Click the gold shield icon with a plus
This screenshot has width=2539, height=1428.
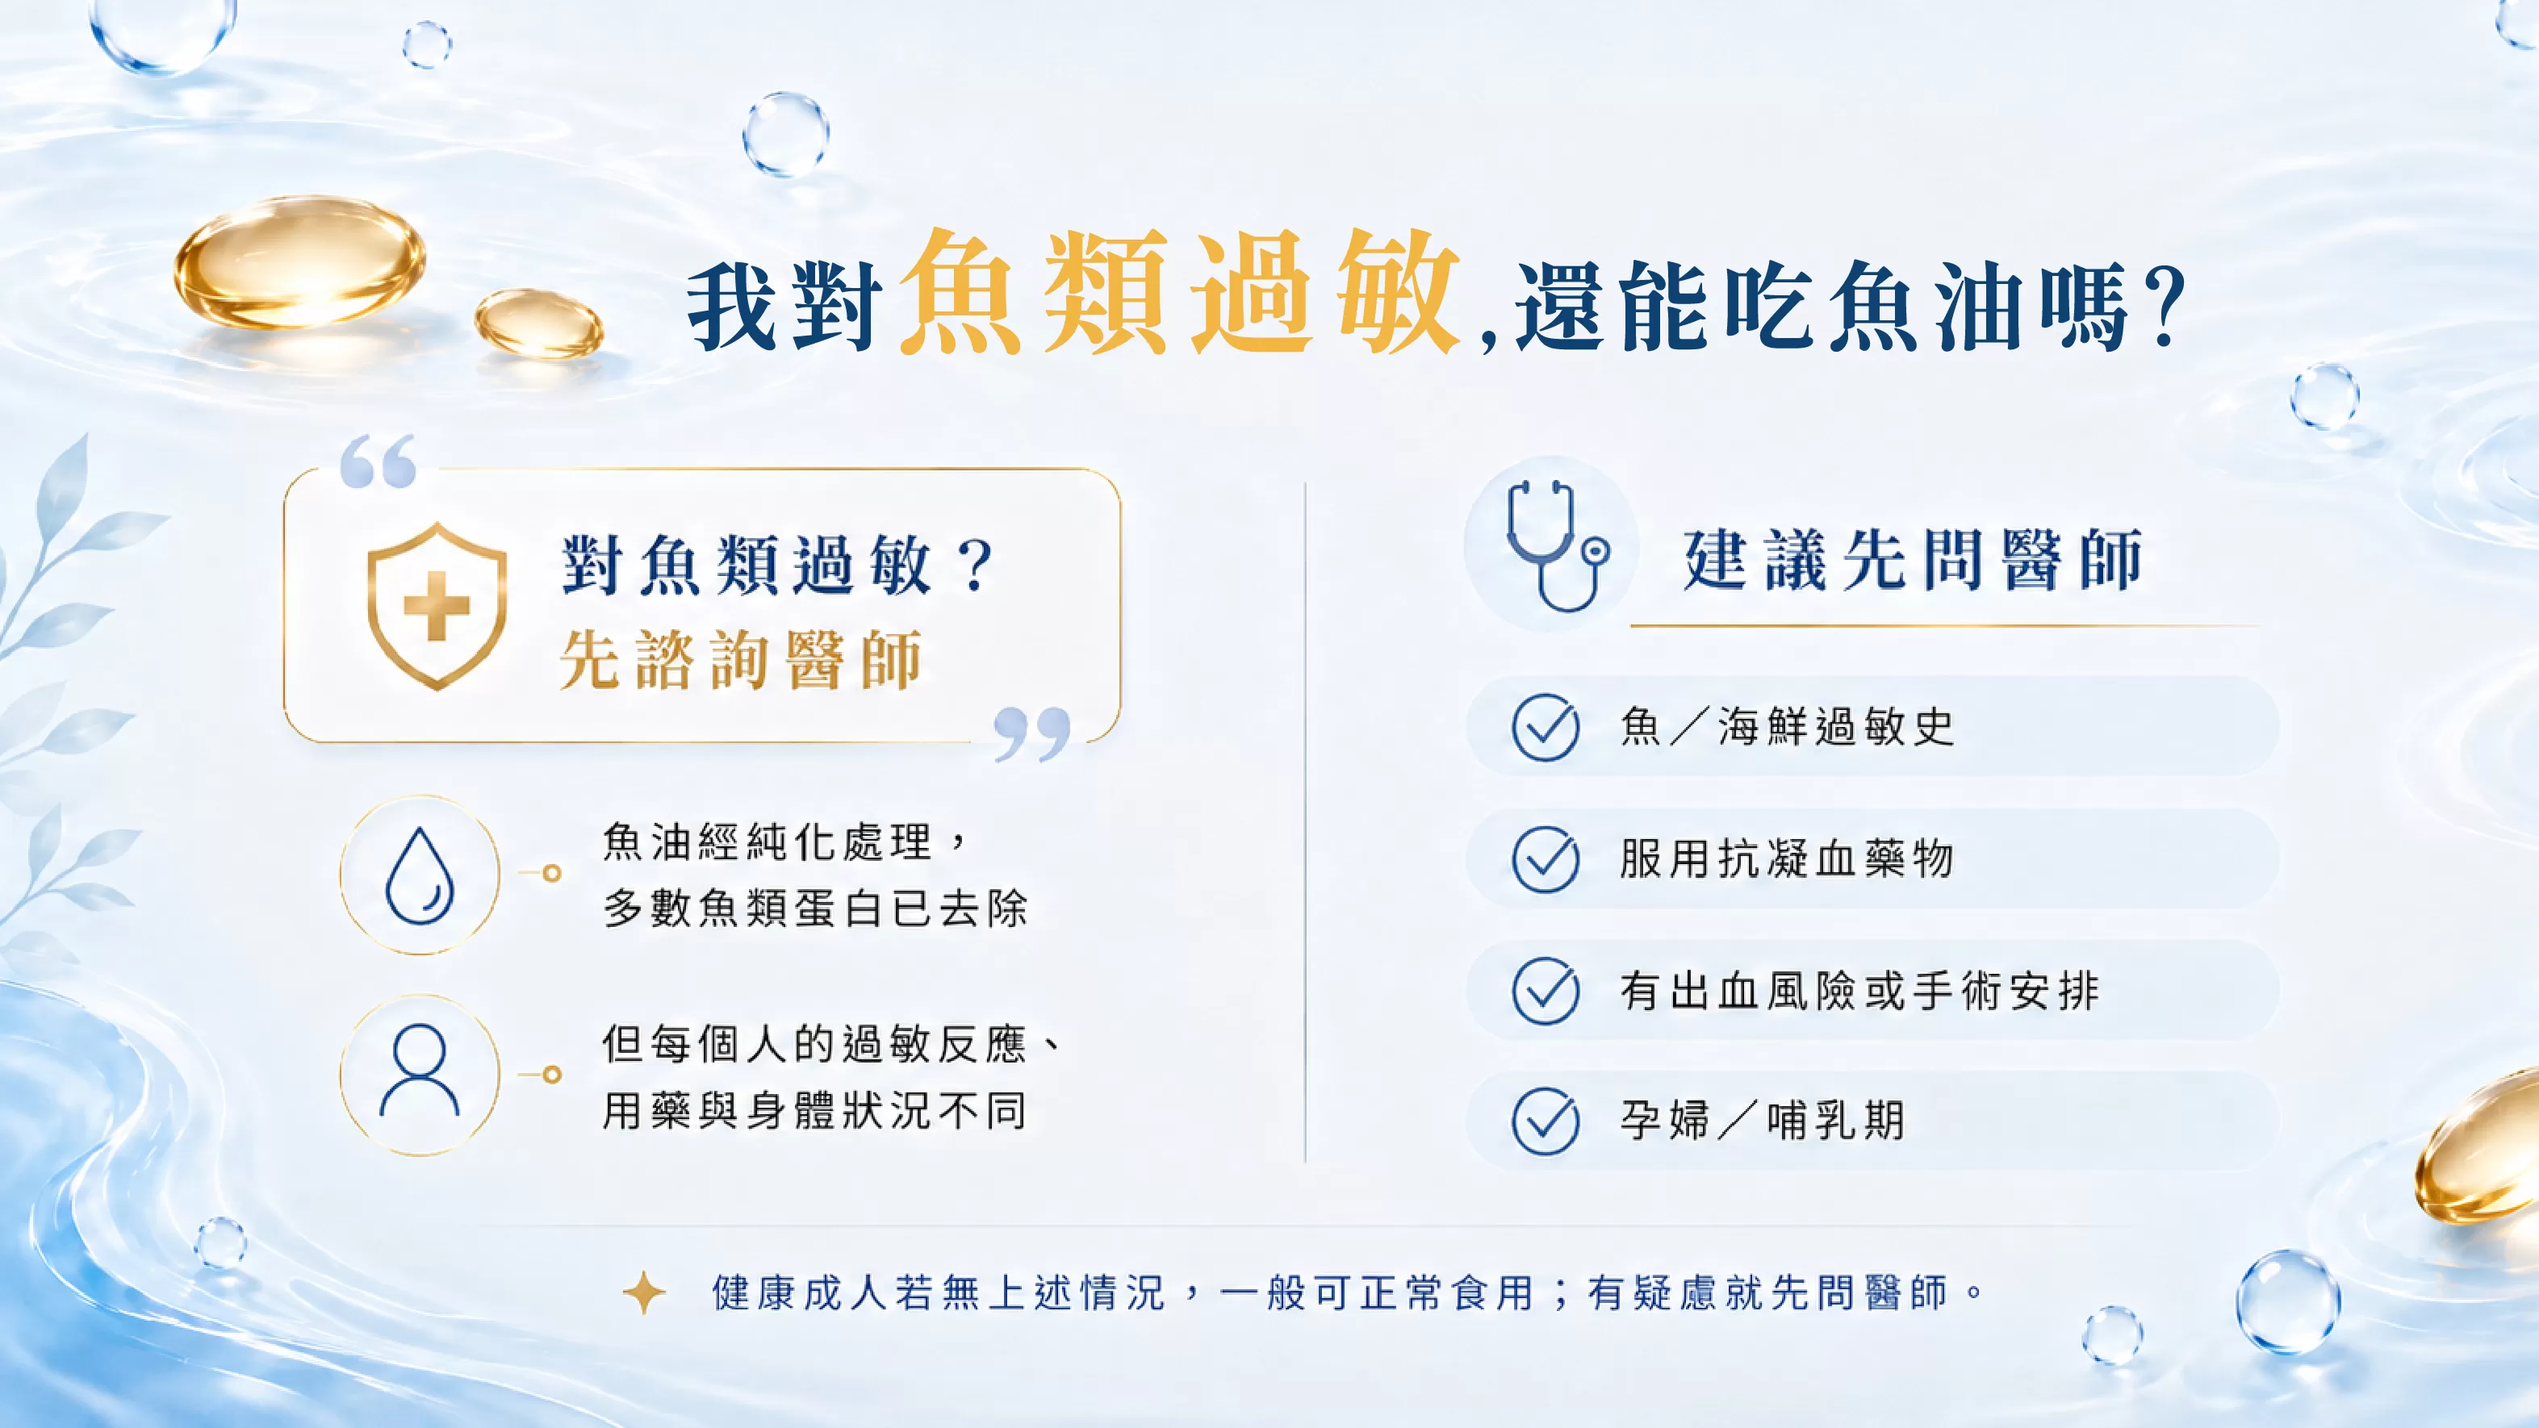[437, 606]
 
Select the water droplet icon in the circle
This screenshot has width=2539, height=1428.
[420, 875]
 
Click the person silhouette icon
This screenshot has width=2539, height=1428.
[420, 1071]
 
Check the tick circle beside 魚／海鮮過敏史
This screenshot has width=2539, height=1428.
[1546, 727]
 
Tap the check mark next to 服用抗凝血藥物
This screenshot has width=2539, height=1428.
[1546, 859]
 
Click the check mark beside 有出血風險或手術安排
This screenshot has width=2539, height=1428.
[1546, 991]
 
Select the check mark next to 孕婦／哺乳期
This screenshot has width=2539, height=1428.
[1546, 1121]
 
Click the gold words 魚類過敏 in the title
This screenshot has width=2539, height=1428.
[1179, 292]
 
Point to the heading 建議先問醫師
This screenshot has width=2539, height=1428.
[1912, 560]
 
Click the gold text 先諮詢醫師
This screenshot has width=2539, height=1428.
[741, 659]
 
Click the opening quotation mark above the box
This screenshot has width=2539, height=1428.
[378, 461]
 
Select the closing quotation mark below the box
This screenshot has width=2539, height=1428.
[1032, 734]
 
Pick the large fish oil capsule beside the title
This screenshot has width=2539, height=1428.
[299, 262]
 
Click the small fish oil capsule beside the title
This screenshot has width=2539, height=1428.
[538, 322]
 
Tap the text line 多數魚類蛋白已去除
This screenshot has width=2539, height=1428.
[815, 908]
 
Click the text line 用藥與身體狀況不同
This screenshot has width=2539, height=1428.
[815, 1111]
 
